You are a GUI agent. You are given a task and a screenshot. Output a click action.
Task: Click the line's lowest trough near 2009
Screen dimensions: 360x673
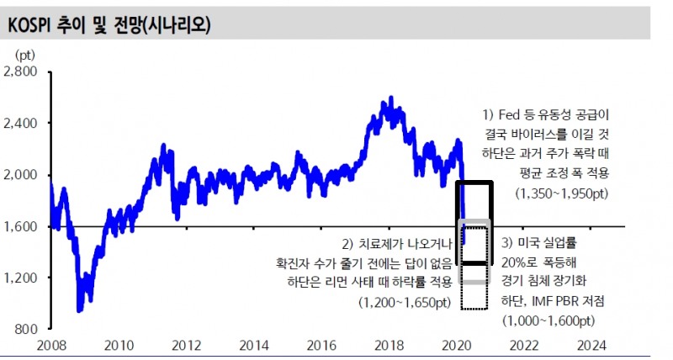click(x=79, y=311)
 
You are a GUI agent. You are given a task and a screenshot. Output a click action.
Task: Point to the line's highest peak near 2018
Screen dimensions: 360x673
click(x=390, y=98)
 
